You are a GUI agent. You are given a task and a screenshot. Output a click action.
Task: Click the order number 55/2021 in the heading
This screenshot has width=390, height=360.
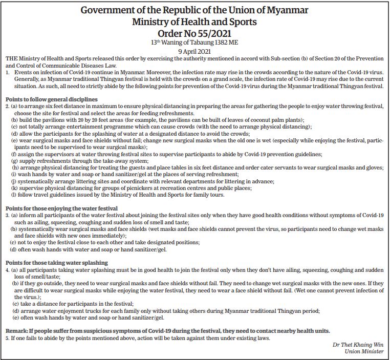click(210, 33)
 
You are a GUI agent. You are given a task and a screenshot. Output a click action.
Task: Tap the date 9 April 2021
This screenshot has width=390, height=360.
click(194, 52)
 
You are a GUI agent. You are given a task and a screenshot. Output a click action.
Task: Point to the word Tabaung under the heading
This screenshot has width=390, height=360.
click(204, 43)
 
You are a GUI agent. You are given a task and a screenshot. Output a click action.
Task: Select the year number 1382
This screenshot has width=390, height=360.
click(224, 43)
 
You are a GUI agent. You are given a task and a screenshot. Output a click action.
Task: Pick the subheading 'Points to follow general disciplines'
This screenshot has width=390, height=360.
click(51, 99)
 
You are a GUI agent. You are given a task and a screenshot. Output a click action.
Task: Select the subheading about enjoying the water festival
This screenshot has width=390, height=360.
click(61, 208)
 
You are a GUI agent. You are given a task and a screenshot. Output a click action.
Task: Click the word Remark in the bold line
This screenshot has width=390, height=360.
click(17, 331)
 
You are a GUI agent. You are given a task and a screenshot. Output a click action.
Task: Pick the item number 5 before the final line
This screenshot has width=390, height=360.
click(7, 338)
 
